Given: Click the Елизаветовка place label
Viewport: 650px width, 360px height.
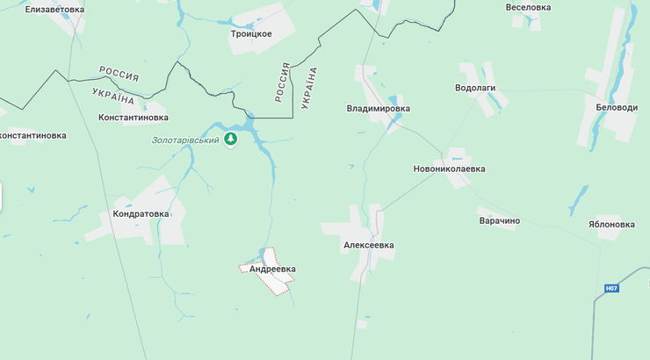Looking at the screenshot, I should [54, 9].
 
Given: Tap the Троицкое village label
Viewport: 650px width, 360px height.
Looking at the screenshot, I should [251, 34].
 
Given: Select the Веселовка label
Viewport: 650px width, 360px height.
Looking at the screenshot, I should [528, 7].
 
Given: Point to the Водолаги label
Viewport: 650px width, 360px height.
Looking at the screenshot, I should [475, 89].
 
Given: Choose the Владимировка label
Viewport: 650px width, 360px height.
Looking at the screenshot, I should [379, 109].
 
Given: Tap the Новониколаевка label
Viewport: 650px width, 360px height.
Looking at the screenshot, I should [449, 169].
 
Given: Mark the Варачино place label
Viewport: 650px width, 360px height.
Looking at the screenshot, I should [499, 220].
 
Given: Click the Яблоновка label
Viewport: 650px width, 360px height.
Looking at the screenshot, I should [611, 224].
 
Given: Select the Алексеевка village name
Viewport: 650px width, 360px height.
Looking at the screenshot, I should [369, 246].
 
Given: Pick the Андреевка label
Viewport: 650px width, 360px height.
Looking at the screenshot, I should [272, 270].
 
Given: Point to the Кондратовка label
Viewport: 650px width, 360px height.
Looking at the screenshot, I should [141, 213].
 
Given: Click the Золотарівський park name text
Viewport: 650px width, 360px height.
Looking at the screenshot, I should [184, 140].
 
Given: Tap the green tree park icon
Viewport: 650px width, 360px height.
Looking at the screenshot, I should [231, 140].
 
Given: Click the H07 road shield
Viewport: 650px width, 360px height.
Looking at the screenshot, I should [611, 288].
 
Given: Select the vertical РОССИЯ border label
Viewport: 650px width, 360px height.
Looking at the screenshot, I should [283, 82].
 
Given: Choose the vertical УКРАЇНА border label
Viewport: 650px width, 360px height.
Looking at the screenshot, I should [309, 87].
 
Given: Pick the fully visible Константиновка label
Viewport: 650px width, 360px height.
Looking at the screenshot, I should [133, 117].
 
